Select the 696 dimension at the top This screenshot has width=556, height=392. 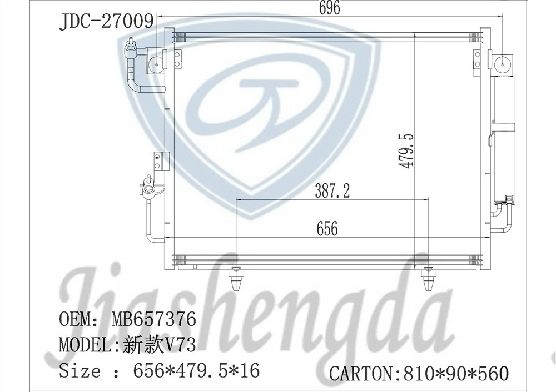(x=329, y=8)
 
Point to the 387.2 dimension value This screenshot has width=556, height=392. (x=332, y=191)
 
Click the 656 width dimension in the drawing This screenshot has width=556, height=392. (x=327, y=229)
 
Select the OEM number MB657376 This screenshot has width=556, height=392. (x=154, y=319)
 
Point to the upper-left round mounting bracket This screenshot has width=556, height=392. (x=157, y=62)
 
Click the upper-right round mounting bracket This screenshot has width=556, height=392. (x=503, y=63)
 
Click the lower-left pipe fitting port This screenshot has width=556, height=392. (x=148, y=187)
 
